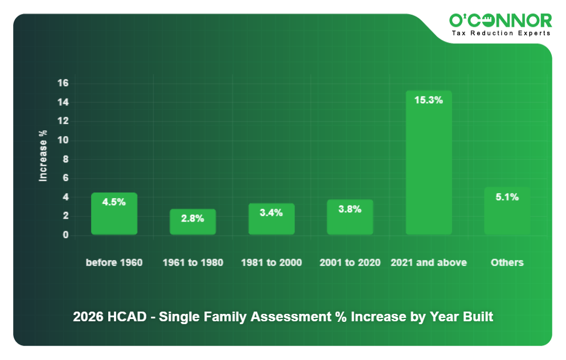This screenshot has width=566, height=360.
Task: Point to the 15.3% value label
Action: (x=428, y=100)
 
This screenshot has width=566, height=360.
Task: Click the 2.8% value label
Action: (x=192, y=218)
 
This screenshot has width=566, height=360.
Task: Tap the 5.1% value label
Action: (x=507, y=197)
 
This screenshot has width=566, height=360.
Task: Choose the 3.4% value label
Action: (x=271, y=212)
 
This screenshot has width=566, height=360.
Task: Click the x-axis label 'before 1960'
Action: (x=114, y=263)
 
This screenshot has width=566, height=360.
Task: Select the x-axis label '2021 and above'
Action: (x=428, y=263)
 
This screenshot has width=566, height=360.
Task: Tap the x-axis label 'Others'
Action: (x=507, y=263)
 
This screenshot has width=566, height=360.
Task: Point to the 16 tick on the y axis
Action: (x=63, y=83)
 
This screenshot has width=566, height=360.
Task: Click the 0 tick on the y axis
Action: (x=65, y=235)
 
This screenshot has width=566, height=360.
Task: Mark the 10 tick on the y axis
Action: (x=63, y=140)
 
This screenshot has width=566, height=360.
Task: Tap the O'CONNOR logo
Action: (x=500, y=21)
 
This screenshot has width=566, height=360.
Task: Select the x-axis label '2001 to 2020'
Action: (x=350, y=263)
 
